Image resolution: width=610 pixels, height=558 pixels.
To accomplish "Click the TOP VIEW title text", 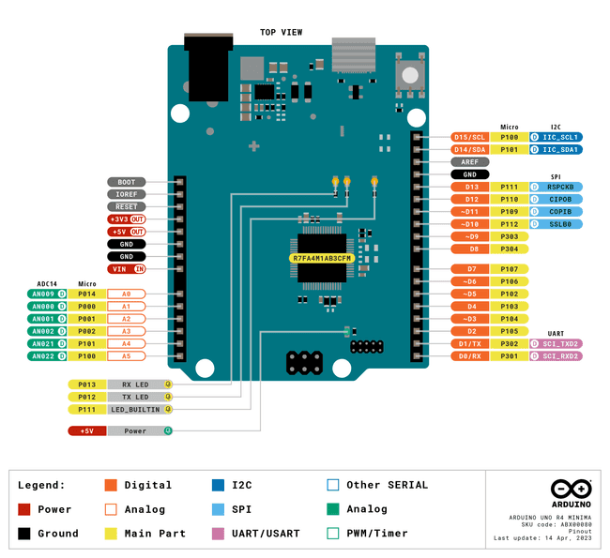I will [282, 33].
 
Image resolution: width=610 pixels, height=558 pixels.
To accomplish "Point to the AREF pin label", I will [469, 161].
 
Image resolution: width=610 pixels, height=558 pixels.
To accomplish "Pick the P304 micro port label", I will [510, 249].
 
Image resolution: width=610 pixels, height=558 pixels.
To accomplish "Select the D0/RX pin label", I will [469, 356].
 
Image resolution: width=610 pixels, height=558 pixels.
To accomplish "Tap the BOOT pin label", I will [126, 182].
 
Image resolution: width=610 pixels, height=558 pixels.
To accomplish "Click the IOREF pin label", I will [126, 194].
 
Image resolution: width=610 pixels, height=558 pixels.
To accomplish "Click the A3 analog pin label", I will [126, 331].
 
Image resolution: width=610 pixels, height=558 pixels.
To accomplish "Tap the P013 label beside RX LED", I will [86, 385].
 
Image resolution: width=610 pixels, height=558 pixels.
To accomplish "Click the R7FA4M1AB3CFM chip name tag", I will [322, 258].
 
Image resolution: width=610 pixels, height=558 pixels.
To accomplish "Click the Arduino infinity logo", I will [571, 490].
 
